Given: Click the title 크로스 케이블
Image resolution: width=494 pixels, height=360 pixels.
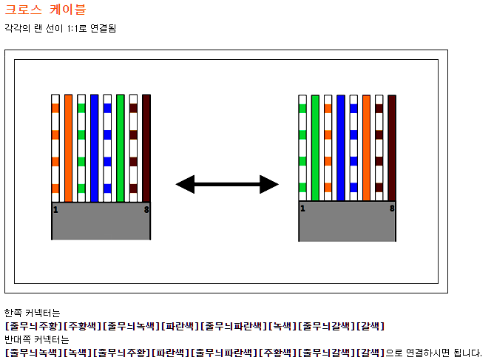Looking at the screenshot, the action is coord(45,10).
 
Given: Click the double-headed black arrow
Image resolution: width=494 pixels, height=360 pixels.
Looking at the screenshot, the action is coord(227,184).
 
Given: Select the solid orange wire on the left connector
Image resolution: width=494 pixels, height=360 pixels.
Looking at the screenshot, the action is coord(68,148).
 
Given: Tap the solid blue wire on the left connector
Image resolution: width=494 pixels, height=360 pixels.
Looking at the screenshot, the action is coord(94,148).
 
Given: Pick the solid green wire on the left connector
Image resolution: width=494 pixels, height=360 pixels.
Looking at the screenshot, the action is coord(120,148).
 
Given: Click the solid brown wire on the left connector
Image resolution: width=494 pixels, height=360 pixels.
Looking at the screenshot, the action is coord(146,148).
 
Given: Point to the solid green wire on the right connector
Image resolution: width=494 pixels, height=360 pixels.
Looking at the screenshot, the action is coord(315,148).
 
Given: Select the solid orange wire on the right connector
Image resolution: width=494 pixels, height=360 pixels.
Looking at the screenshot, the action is coord(366,148).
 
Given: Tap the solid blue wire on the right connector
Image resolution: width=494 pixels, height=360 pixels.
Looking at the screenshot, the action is coord(341,148).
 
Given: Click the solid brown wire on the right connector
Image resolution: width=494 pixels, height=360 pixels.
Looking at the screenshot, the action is coord(392,148).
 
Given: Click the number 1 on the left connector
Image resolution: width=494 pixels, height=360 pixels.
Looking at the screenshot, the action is coord(55,209).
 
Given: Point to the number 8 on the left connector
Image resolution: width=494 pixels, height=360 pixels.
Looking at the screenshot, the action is coord(146,209).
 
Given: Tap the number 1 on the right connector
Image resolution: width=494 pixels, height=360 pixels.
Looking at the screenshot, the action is coord(302,208).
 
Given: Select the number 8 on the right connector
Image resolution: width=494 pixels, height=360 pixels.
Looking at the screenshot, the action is coord(392,208).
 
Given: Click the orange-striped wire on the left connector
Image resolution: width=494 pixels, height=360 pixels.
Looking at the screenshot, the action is coord(55,148).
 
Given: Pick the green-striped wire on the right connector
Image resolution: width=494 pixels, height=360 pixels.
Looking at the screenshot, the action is coord(302,148).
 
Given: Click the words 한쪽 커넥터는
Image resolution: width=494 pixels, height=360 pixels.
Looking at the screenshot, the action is coord(32,313).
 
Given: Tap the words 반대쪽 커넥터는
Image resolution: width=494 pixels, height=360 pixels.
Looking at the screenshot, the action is coord(36,339).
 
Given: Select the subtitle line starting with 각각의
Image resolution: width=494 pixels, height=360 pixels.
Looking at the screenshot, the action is coord(61,28).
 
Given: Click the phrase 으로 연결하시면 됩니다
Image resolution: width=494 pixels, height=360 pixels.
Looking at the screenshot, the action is coord(433,353).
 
